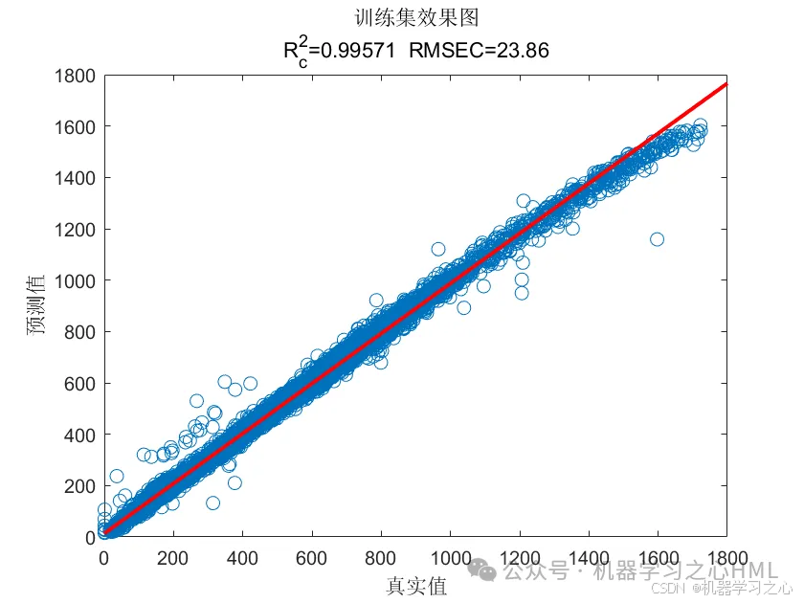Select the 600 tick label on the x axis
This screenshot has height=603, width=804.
[312, 557]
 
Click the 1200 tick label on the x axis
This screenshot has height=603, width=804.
[520, 557]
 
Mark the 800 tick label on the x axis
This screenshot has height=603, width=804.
[381, 557]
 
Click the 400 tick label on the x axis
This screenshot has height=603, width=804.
[242, 557]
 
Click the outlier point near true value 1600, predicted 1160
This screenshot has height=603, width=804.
[657, 239]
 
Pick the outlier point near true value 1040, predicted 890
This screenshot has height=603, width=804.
[464, 307]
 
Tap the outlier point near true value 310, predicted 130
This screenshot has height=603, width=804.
[212, 503]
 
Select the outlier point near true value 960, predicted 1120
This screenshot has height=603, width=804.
[437, 249]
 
